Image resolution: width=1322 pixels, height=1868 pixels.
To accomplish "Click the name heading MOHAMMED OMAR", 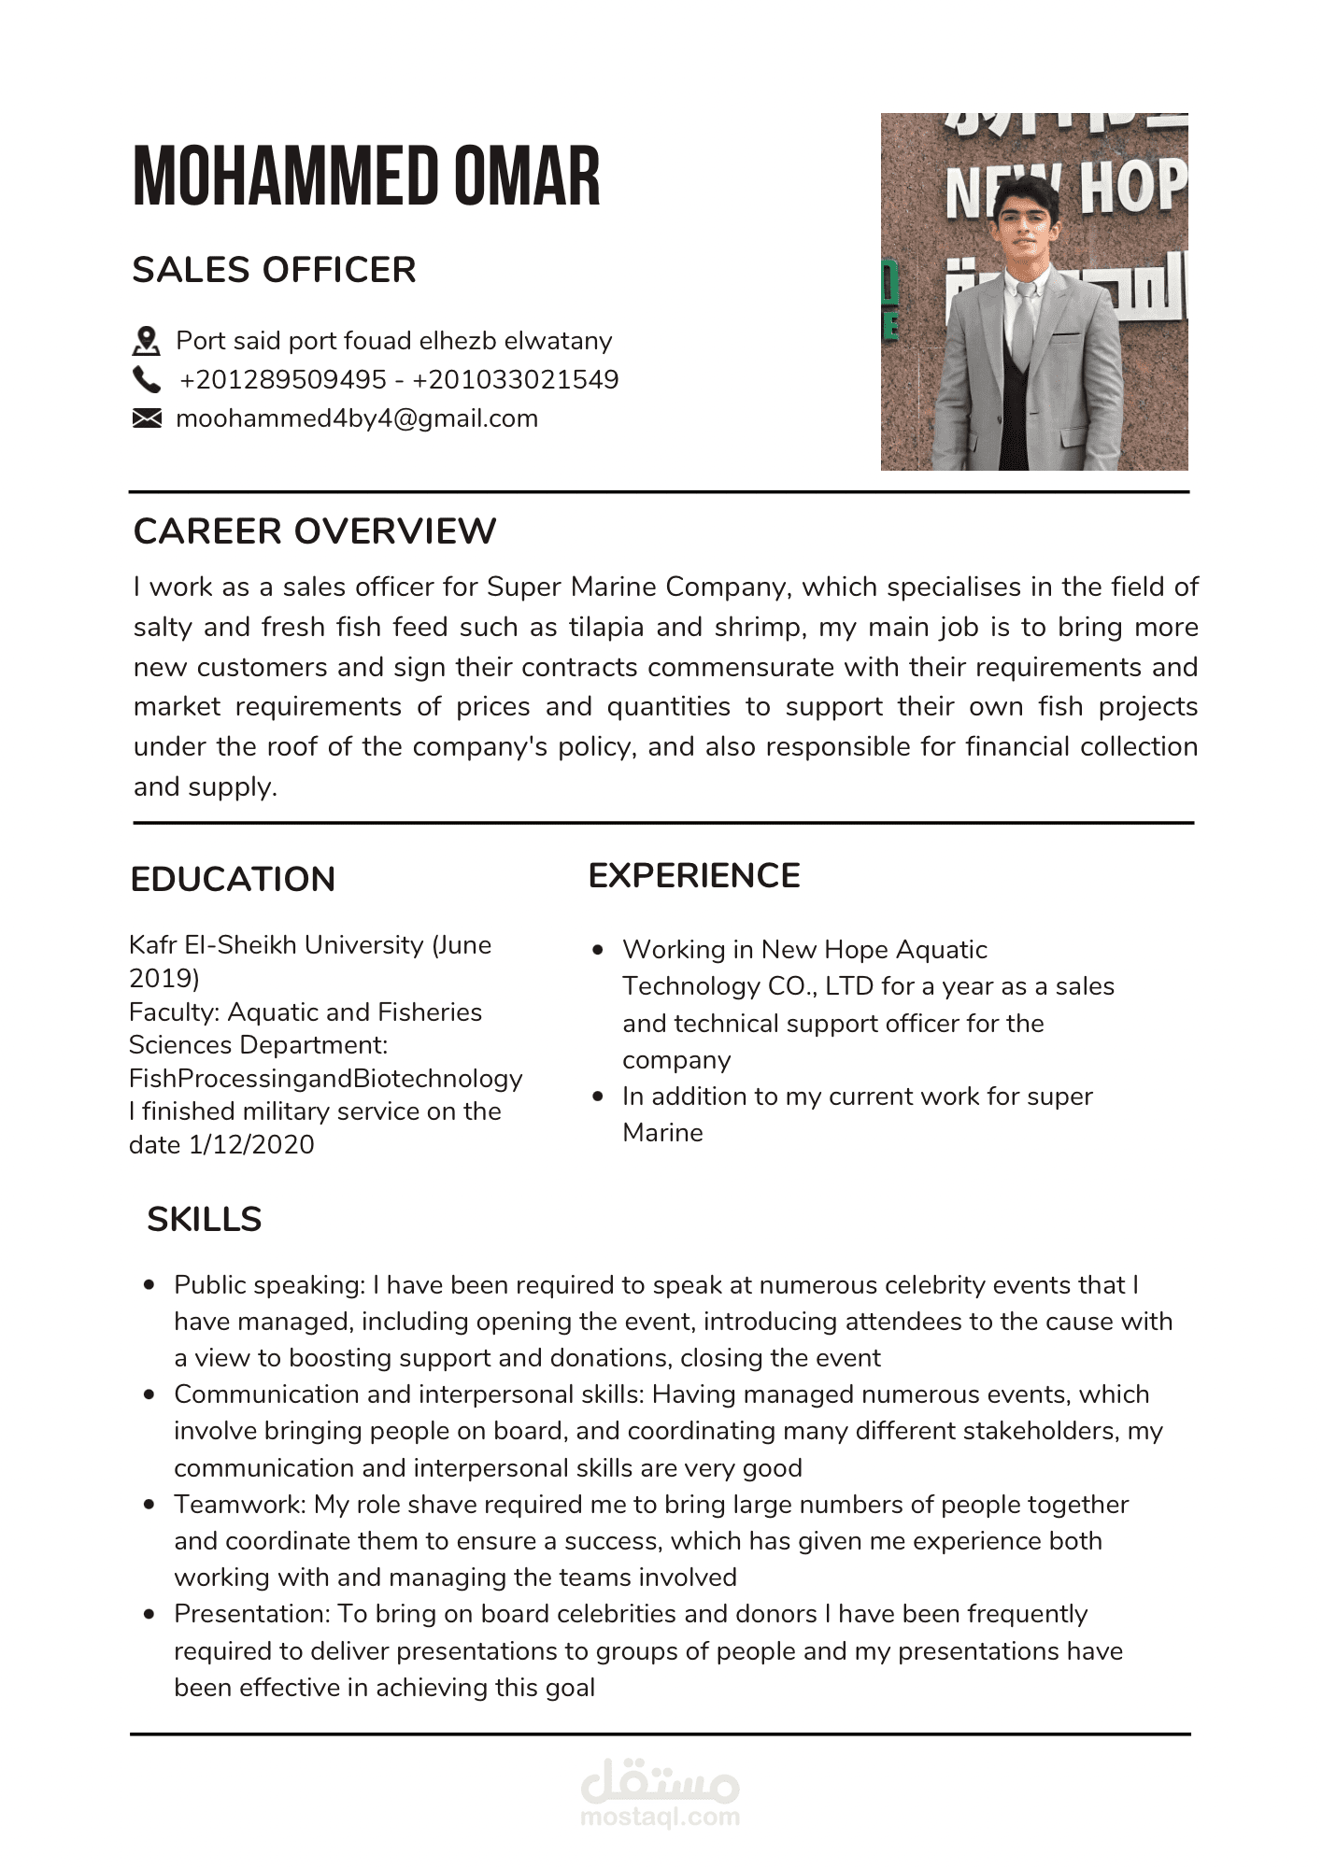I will (x=366, y=176).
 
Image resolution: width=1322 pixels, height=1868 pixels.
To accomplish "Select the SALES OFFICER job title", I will (x=274, y=270).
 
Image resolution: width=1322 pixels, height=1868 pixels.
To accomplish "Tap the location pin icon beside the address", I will (x=146, y=341).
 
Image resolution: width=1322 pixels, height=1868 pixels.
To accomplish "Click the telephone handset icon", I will (x=146, y=380).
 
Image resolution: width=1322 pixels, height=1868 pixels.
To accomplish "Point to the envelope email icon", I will (x=146, y=418).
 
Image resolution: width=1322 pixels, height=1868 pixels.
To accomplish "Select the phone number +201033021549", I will (x=516, y=380).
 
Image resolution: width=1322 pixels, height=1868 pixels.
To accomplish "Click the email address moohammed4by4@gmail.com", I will (x=357, y=418).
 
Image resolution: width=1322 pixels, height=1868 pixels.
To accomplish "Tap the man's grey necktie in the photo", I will (x=1024, y=327).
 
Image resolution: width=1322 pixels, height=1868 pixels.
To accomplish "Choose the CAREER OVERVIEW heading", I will (x=315, y=531).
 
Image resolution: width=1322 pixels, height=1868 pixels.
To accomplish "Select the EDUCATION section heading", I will (x=233, y=880).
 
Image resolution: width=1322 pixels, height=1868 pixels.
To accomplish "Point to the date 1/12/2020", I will (x=251, y=1145).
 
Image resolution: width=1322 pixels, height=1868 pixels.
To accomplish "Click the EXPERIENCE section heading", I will (x=694, y=876).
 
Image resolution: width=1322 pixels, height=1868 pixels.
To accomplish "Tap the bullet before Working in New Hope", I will (x=598, y=950).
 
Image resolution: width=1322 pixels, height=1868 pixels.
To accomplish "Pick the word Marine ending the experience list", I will (x=662, y=1133).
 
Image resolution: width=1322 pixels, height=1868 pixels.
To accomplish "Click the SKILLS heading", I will (x=204, y=1220).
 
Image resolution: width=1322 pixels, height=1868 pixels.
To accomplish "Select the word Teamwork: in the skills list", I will (x=240, y=1505).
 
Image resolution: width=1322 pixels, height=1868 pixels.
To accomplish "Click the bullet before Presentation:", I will (x=149, y=1614).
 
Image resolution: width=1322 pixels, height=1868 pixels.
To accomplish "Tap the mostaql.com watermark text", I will (x=660, y=1817).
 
